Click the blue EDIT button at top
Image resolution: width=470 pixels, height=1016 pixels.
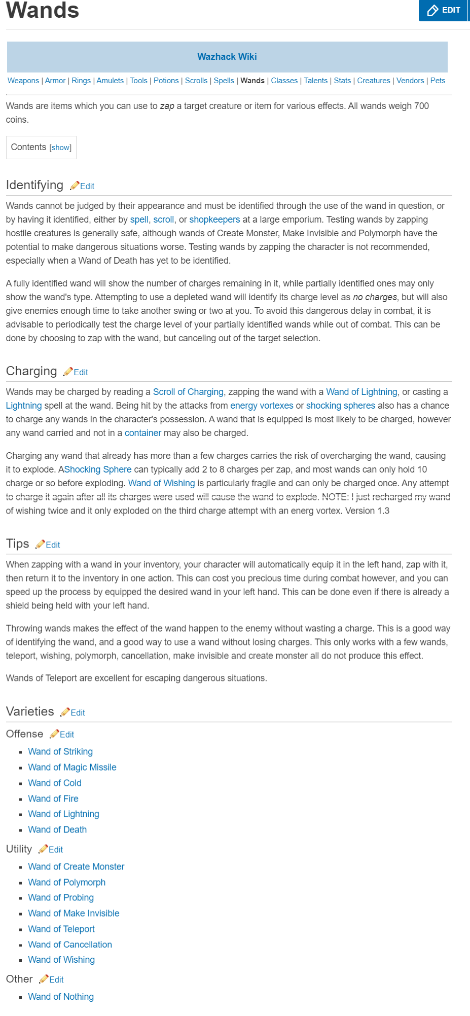(x=443, y=10)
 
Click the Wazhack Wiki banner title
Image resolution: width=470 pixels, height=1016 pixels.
(x=227, y=57)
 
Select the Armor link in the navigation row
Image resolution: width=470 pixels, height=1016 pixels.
(x=55, y=81)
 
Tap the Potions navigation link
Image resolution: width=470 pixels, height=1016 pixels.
(x=166, y=81)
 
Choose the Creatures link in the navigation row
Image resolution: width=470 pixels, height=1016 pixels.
(x=374, y=81)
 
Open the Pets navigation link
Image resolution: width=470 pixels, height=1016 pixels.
(x=438, y=81)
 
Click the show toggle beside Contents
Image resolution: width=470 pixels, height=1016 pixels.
(x=60, y=148)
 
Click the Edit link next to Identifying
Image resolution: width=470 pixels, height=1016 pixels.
(x=87, y=186)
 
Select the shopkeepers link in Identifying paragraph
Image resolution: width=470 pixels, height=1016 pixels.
(x=214, y=220)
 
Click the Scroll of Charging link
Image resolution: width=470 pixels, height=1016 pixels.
(x=188, y=392)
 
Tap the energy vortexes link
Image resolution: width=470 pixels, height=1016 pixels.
(x=262, y=406)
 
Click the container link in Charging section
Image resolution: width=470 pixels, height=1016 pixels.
(x=143, y=433)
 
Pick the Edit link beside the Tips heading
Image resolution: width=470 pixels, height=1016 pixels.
(x=53, y=545)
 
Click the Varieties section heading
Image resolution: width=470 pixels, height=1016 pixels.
(x=30, y=711)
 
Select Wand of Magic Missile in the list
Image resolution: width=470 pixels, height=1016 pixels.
(x=72, y=767)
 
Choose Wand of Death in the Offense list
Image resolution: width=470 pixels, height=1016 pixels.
(x=57, y=829)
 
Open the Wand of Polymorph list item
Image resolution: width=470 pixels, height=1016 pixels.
(x=66, y=882)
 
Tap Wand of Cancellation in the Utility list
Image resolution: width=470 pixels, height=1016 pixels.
(x=70, y=945)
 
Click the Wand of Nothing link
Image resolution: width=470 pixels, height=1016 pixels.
(x=61, y=997)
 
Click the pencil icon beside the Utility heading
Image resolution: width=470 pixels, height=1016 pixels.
(x=43, y=849)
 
